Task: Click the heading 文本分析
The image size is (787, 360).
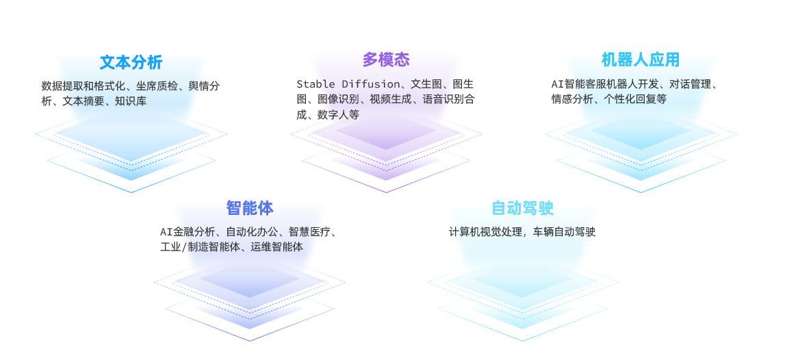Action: click(131, 62)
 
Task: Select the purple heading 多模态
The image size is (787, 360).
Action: click(386, 60)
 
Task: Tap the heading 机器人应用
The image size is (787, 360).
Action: click(640, 60)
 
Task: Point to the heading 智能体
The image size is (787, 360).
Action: click(249, 207)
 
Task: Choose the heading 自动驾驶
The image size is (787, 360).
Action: click(522, 207)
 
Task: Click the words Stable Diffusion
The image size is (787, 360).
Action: click(348, 84)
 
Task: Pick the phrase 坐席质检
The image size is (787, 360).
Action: click(157, 86)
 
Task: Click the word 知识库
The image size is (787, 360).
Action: click(130, 101)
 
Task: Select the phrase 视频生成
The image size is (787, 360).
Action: click(391, 99)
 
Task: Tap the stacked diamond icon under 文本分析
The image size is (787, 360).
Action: click(131, 147)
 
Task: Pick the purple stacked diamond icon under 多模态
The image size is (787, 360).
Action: click(386, 147)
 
